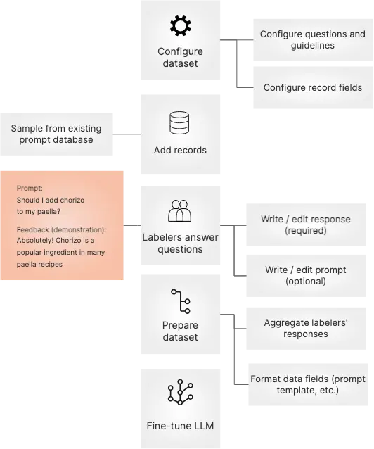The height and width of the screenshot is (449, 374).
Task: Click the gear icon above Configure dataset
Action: [180, 26]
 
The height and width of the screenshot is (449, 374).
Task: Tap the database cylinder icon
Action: [179, 123]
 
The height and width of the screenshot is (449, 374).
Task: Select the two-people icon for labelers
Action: [179, 210]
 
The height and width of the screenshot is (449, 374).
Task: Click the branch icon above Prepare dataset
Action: [181, 301]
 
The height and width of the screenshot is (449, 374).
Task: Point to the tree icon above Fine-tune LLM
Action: [180, 392]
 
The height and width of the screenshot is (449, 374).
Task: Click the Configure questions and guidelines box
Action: [313, 40]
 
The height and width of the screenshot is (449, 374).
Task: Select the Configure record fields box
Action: [313, 88]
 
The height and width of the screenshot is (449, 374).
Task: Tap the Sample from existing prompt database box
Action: [56, 134]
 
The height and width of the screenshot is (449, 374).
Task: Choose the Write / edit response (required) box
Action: [306, 224]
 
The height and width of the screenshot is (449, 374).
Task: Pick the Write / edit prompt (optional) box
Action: [306, 275]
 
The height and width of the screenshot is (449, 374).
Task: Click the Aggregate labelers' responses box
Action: [306, 329]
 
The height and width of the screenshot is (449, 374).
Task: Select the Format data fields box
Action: [308, 384]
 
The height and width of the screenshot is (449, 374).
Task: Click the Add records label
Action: [180, 151]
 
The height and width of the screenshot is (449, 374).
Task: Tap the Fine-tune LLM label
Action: [180, 426]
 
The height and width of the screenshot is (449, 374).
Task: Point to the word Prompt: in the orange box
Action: [30, 188]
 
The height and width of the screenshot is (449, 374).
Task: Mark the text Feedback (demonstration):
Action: [62, 229]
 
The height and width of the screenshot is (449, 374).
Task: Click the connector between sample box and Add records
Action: [127, 134]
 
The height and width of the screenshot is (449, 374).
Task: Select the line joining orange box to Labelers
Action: [132, 225]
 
